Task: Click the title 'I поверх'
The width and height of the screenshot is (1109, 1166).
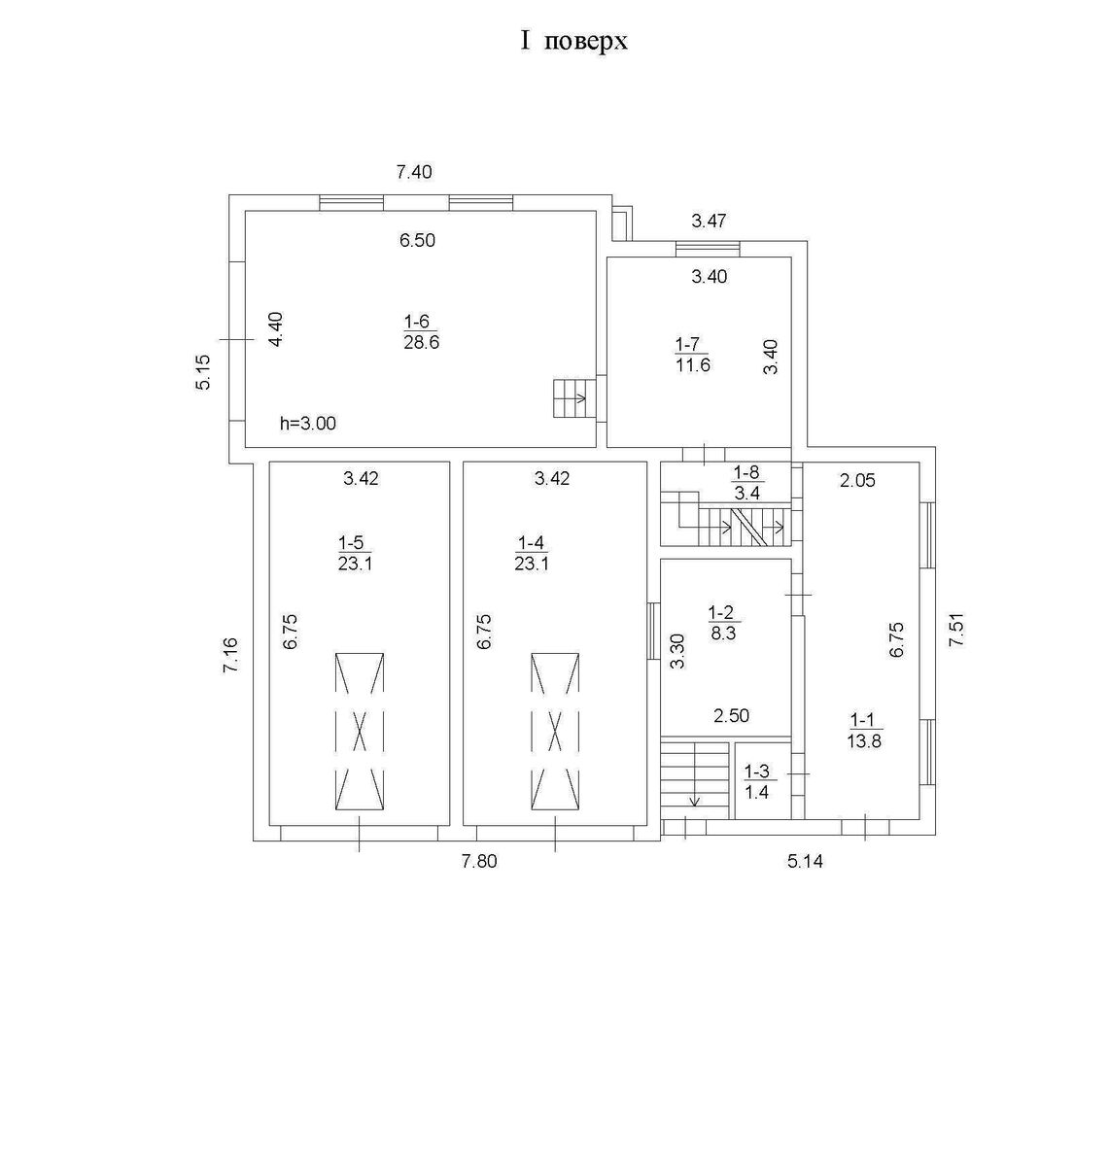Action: pos(573,41)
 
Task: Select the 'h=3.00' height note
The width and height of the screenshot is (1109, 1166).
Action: pos(308,424)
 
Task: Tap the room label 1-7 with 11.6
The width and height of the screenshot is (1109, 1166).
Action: pos(691,355)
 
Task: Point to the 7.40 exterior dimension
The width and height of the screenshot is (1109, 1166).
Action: pos(413,172)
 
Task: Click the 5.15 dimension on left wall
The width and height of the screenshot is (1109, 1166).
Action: pos(202,372)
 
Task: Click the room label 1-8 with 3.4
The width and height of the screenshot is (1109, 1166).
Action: pos(747,483)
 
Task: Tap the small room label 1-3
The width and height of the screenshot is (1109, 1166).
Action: pos(756,781)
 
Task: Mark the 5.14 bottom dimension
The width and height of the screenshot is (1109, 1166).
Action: pos(805,861)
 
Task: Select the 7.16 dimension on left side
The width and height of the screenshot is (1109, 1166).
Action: pos(230,656)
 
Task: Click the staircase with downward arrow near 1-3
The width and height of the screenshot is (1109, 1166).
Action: pos(695,773)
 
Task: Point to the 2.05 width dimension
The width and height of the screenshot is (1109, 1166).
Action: pos(856,478)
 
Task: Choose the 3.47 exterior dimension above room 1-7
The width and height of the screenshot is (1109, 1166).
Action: pos(709,221)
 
